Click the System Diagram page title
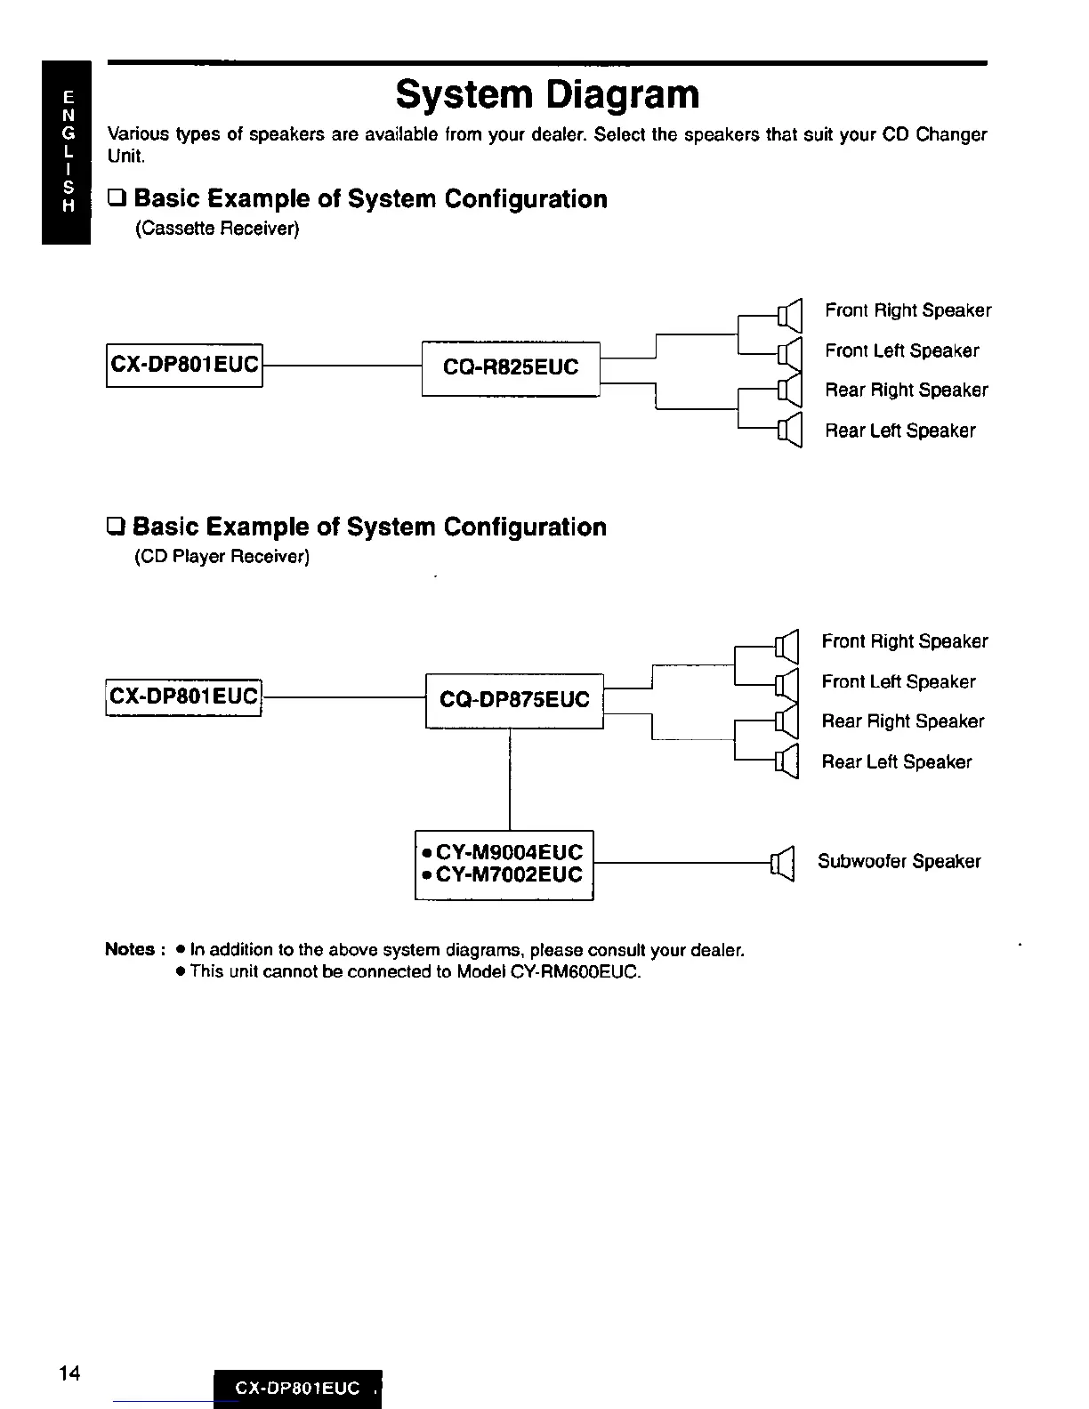(x=547, y=94)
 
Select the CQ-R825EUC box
(x=511, y=367)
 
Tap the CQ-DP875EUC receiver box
(x=514, y=700)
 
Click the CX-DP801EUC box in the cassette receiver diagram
(x=185, y=365)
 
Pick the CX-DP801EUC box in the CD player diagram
(x=184, y=696)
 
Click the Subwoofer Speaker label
(x=899, y=861)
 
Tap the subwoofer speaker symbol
(x=782, y=862)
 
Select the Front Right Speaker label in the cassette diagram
(x=907, y=310)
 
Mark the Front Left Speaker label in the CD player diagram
(x=899, y=681)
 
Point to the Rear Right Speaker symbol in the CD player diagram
(x=786, y=721)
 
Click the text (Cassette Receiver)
(x=217, y=229)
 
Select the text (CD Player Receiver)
(x=222, y=557)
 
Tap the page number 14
(x=69, y=1373)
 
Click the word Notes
(x=130, y=949)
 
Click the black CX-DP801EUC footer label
(x=297, y=1389)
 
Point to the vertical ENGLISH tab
(x=67, y=151)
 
